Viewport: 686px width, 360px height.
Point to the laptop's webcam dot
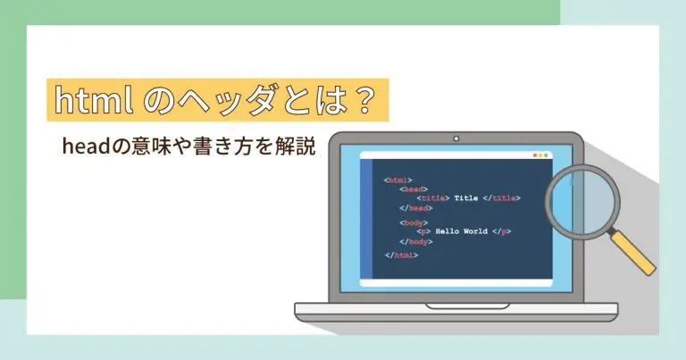(456, 140)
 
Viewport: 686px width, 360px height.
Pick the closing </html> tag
(401, 255)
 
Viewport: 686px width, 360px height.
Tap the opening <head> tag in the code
(414, 189)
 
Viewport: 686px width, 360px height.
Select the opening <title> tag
(433, 197)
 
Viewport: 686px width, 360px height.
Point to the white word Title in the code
(467, 197)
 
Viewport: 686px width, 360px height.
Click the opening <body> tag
(414, 222)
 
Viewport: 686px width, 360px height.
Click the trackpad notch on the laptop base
(456, 306)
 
